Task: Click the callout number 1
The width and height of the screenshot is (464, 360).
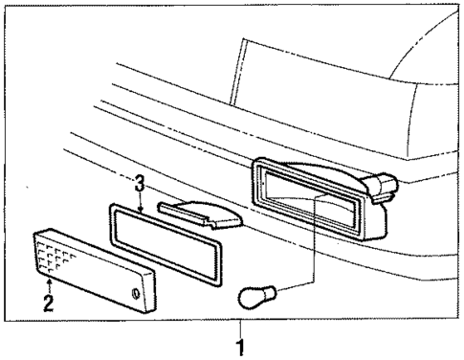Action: click(240, 347)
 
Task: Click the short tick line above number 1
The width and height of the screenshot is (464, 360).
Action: click(240, 327)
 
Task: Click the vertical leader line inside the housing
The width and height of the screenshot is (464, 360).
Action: click(314, 230)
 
